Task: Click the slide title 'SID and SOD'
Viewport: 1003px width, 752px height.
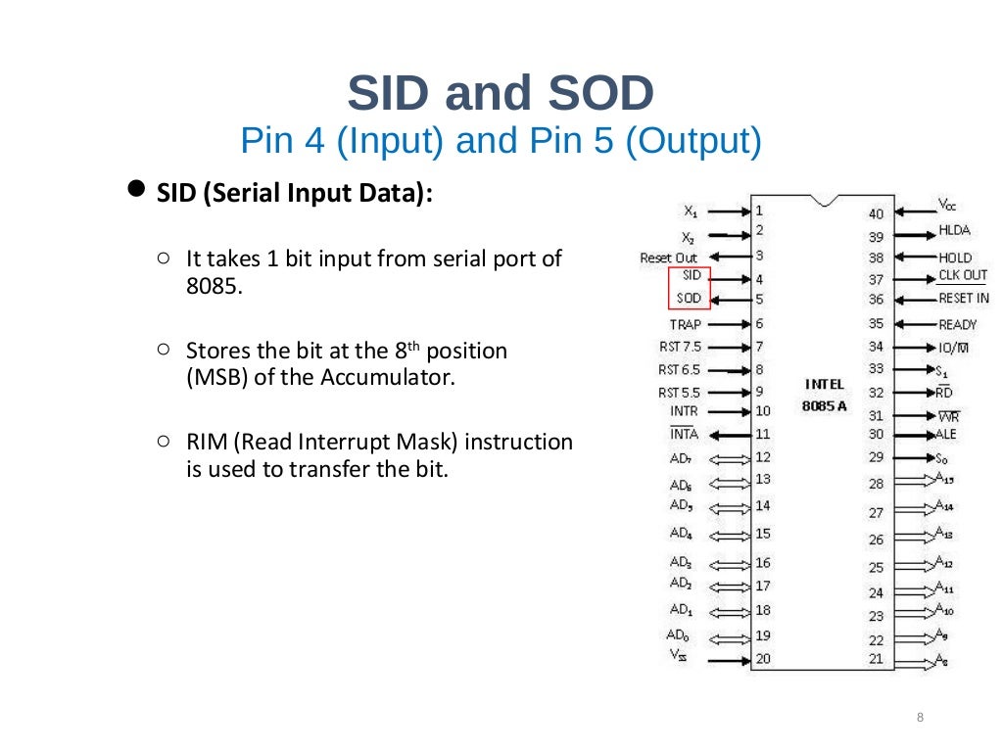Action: click(501, 94)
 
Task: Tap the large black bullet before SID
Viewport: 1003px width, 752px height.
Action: click(138, 188)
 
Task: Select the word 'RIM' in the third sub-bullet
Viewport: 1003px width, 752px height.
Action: click(208, 442)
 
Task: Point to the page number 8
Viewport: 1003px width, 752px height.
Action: click(920, 718)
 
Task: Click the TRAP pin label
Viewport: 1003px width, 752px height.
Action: click(686, 324)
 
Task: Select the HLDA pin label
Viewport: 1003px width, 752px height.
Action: click(955, 230)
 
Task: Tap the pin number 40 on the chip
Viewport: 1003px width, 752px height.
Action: click(876, 212)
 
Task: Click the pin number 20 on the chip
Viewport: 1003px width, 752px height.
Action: click(762, 658)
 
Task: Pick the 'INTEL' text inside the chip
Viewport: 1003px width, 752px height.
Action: click(823, 384)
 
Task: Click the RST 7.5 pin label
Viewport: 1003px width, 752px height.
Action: click(681, 347)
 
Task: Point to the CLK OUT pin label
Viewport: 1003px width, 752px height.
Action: click(963, 275)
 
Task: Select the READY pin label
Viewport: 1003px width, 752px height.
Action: click(957, 324)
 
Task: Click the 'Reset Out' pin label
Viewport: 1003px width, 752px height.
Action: click(669, 258)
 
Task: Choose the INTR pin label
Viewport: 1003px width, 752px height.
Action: click(685, 411)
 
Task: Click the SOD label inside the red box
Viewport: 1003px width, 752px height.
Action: click(690, 298)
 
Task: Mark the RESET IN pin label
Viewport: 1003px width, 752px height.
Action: click(964, 298)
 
